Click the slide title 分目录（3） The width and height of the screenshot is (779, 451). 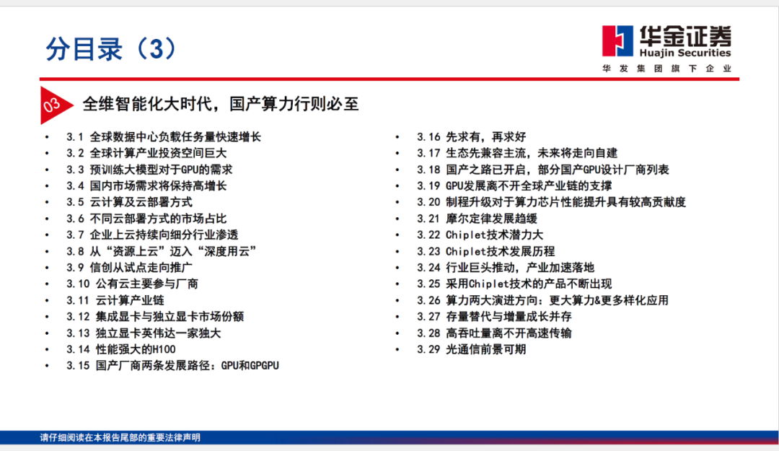coord(111,49)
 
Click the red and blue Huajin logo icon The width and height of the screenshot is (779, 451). coord(617,41)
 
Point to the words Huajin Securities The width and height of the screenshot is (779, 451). coord(685,53)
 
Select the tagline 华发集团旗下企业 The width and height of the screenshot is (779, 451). coord(666,69)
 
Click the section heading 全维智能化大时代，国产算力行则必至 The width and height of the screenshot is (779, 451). coord(221,104)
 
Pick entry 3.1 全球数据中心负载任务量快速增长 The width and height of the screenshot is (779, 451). coord(164,136)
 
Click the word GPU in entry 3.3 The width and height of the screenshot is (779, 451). coord(189,170)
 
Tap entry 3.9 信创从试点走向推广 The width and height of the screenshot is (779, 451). coord(129,268)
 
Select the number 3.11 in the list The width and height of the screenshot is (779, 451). coord(77,300)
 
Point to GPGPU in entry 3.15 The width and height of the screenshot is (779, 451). coord(264,365)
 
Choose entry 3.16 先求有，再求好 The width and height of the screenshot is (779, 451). coord(471,136)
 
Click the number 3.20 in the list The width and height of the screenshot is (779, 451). coord(428,202)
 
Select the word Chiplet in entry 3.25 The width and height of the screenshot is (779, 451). coord(489,284)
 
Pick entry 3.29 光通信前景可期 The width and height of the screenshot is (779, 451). coord(471,349)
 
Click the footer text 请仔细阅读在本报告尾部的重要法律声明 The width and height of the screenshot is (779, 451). coord(120,437)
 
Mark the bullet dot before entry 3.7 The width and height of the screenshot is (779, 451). coord(47,235)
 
